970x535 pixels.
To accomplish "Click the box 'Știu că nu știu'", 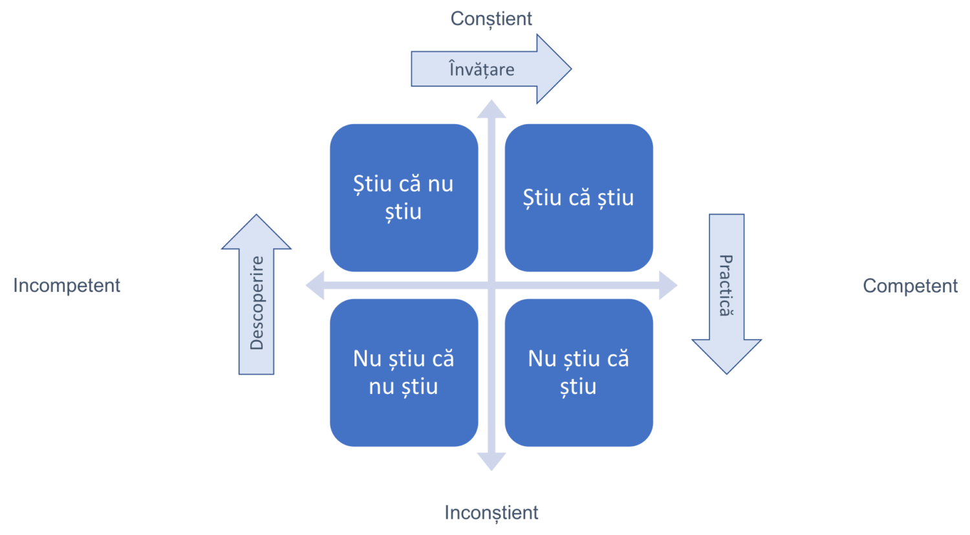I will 404,197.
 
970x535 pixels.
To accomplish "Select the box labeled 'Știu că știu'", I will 579,197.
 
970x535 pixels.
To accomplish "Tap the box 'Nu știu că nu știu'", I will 404,373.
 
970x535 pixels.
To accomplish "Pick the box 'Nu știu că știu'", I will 579,373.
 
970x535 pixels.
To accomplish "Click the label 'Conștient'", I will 491,19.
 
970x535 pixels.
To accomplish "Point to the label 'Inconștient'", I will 491,513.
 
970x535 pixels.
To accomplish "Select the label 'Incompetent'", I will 67,285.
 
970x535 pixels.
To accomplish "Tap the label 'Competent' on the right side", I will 911,285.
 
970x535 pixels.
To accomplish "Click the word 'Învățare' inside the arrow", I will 482,69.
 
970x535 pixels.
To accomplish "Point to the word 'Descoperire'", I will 257,303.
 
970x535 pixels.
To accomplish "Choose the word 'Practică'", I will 726,285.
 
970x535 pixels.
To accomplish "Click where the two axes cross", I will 491,285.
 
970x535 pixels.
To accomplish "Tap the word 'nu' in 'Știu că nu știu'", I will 440,184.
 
